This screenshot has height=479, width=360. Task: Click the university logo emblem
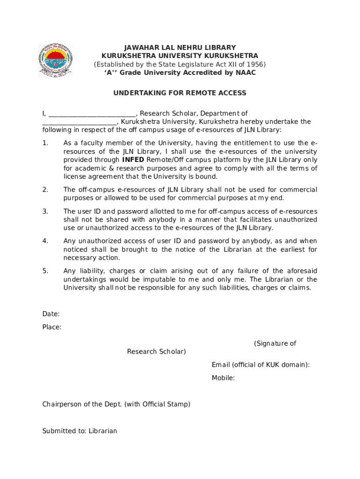tap(55, 61)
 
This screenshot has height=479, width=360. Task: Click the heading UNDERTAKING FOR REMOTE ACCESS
tap(180, 93)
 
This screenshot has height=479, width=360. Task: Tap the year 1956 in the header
tap(255, 64)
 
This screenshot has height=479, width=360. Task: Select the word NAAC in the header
tap(245, 73)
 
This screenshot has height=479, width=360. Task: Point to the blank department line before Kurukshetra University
tap(79, 122)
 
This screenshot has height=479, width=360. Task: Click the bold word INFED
tap(133, 160)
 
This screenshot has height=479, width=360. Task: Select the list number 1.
tap(45, 143)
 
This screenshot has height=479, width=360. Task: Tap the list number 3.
tap(45, 211)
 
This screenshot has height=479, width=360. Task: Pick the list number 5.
tap(45, 271)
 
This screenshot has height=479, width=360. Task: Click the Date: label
tap(51, 314)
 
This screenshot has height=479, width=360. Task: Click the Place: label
tap(52, 327)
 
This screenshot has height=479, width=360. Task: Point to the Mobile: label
tap(223, 377)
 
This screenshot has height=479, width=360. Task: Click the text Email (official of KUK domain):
tap(260, 364)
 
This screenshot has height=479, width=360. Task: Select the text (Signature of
tap(275, 343)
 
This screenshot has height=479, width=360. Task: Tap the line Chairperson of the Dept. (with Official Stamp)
tap(116, 404)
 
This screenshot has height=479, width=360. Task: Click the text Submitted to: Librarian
tap(79, 431)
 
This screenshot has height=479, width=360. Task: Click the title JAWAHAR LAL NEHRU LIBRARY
tap(180, 48)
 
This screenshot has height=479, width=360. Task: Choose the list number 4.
tap(45, 241)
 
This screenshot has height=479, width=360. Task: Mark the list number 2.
tap(45, 189)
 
